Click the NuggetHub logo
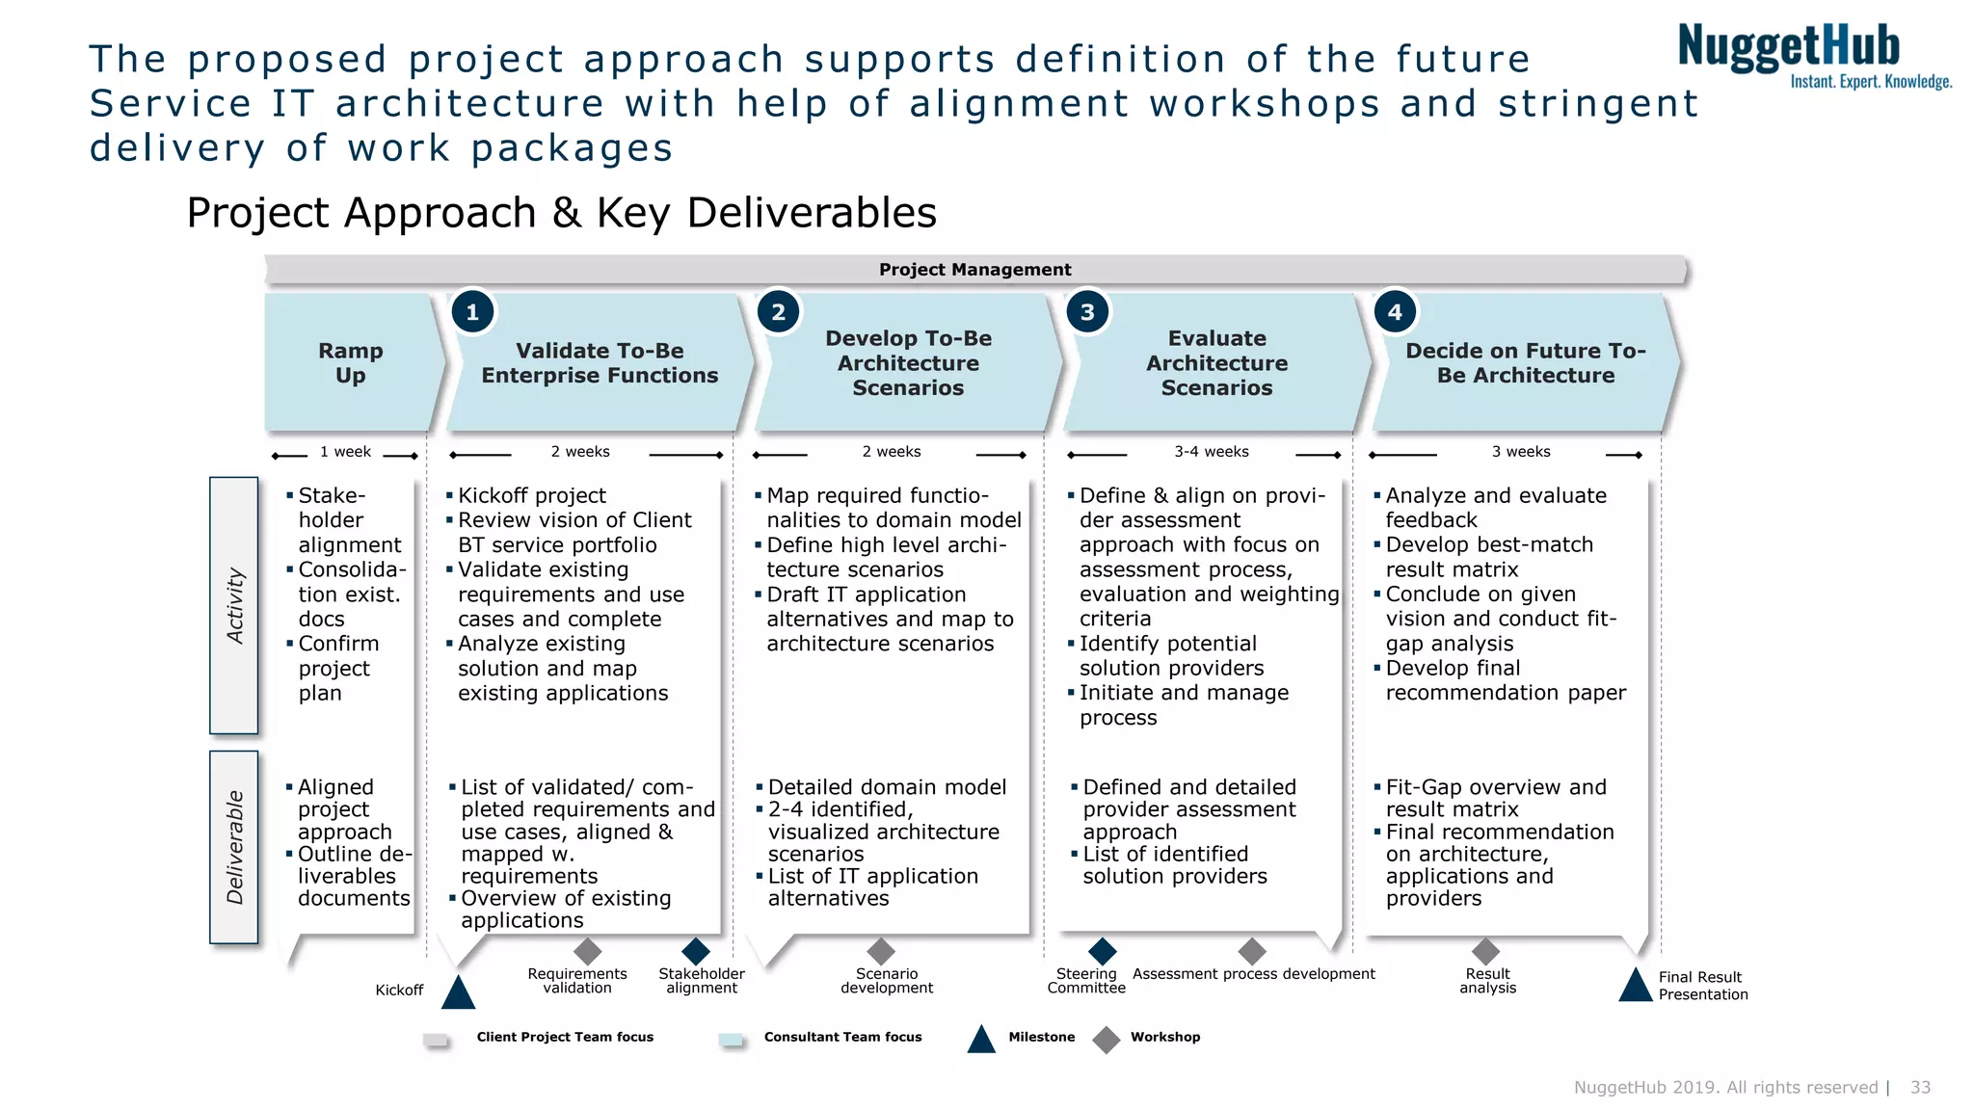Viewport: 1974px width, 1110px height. [x=1812, y=56]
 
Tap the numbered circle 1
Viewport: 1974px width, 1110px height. [x=472, y=312]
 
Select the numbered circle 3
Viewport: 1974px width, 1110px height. [x=1087, y=312]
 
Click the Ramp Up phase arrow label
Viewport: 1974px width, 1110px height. [x=351, y=363]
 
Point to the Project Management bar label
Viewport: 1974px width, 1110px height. [x=974, y=270]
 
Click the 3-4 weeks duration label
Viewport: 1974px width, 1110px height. [x=1211, y=452]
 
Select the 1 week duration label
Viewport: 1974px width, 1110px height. [x=345, y=452]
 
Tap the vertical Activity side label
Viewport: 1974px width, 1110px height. [x=234, y=605]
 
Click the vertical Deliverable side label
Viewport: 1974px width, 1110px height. [x=234, y=847]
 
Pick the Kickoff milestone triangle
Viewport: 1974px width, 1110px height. [x=458, y=993]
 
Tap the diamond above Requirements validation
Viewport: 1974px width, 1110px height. [x=587, y=952]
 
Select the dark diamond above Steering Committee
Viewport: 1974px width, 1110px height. [x=1102, y=952]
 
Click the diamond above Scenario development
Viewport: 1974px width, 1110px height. [x=881, y=952]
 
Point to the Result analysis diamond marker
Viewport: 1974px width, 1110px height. [x=1485, y=952]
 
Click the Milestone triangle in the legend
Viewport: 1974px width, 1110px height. [x=981, y=1040]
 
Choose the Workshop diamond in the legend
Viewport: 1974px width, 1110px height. [x=1107, y=1040]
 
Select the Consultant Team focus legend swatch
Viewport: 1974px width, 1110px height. [x=731, y=1040]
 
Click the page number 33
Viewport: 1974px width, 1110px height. [x=1920, y=1088]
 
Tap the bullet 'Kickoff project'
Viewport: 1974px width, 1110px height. [x=531, y=496]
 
